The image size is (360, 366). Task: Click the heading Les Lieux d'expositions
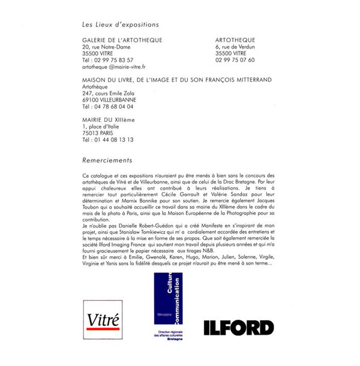point(121,25)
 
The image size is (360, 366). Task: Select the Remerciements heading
point(107,160)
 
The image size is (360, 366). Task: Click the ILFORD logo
point(238,328)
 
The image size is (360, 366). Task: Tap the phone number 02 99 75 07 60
point(235,60)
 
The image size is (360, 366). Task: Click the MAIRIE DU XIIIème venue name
point(109,120)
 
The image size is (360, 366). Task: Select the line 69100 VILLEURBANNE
point(109,100)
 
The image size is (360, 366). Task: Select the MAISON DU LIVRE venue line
point(177,80)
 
